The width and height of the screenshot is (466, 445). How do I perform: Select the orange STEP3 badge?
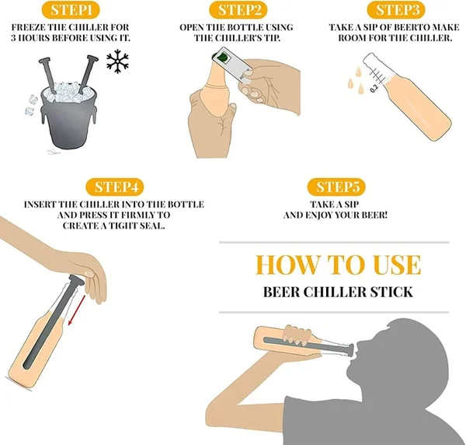[398, 11]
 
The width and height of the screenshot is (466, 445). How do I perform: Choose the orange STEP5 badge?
[339, 187]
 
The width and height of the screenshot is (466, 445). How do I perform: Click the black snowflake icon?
[117, 61]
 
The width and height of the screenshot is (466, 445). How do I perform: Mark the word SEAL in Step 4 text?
[154, 226]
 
